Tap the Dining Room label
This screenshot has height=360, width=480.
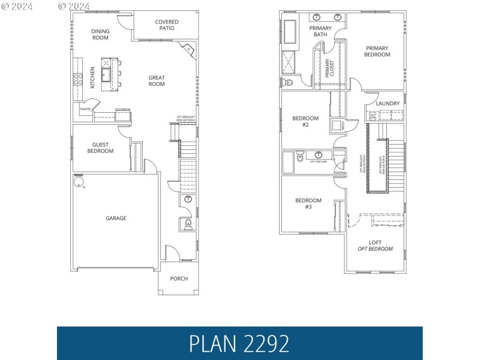(x=100, y=34)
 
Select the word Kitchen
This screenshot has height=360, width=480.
(x=92, y=77)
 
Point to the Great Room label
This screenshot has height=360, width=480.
(x=157, y=80)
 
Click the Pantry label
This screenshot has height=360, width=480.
(x=85, y=109)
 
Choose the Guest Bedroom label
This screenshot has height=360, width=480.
(x=100, y=148)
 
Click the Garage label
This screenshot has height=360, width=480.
(x=116, y=218)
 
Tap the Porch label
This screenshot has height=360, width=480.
(x=179, y=278)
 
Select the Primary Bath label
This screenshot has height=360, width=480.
(x=320, y=31)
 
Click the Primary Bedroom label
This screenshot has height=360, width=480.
(x=377, y=52)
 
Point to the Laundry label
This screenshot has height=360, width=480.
(x=388, y=103)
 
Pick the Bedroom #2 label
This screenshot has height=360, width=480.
(x=305, y=122)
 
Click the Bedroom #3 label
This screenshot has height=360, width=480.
(x=308, y=203)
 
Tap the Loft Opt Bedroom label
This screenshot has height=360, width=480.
(x=375, y=245)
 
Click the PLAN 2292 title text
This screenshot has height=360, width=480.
(x=239, y=343)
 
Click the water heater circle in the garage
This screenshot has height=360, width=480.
(x=78, y=182)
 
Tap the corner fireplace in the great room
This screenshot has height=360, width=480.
(x=188, y=50)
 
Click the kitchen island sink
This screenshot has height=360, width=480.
(x=106, y=76)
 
